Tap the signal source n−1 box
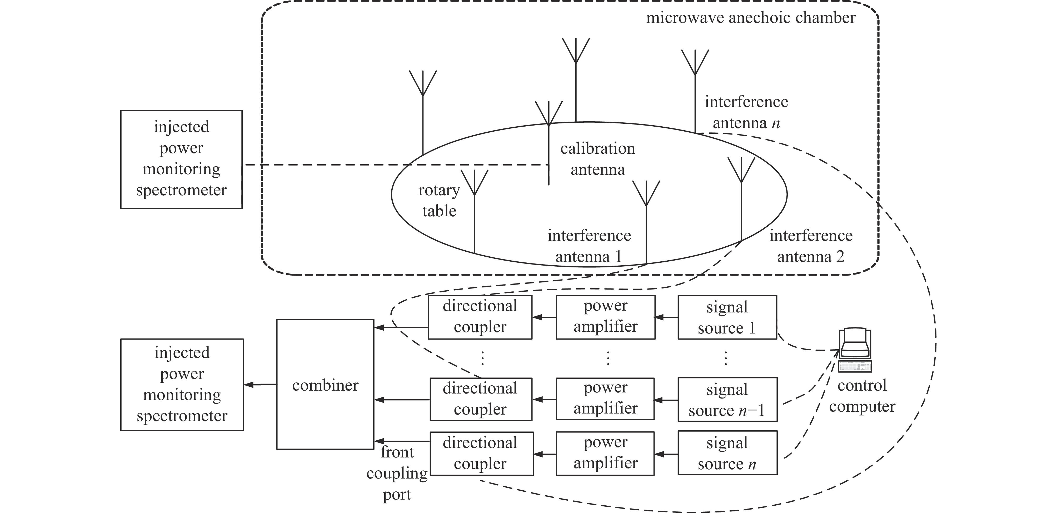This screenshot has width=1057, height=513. coord(727,399)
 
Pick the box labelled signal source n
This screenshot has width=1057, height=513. coord(727,453)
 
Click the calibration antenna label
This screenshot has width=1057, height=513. coord(597,159)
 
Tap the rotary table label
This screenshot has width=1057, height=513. coord(439,200)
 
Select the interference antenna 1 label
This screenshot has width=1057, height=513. coord(589,246)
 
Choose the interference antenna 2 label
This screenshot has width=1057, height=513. coord(811,246)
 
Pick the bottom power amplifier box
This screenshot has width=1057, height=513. coord(605,453)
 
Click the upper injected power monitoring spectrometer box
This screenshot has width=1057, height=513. coord(181,159)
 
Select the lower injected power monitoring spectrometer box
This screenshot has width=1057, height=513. coord(182,385)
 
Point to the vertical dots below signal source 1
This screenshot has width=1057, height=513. coord(725,358)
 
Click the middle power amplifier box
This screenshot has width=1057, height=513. coord(605,399)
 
